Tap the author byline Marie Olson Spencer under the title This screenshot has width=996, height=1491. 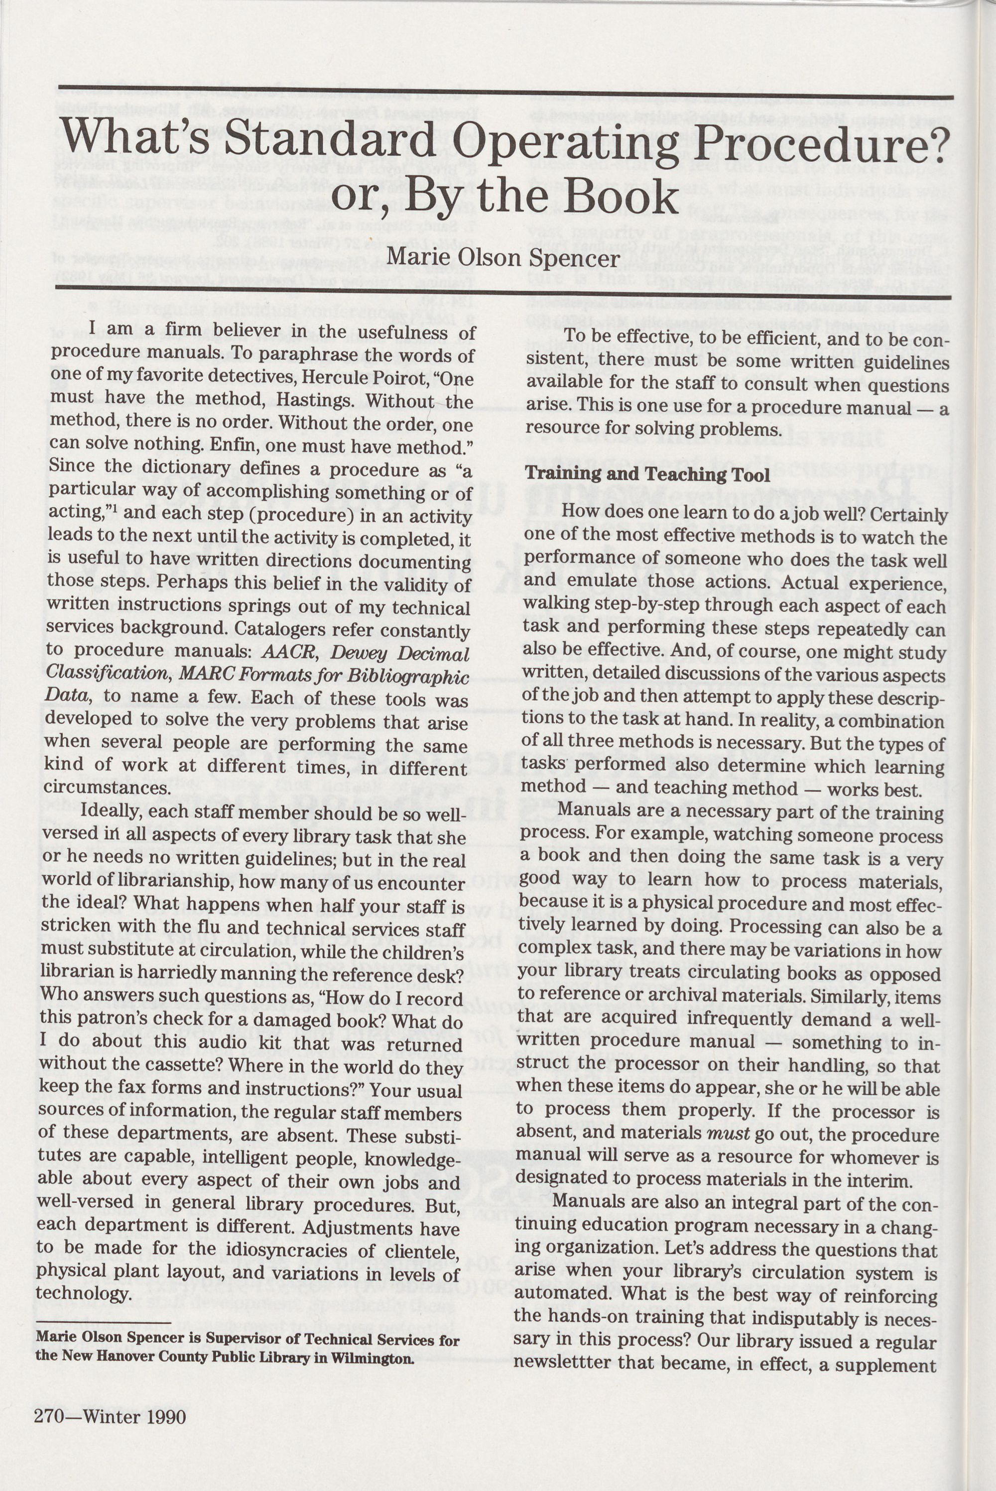(x=503, y=257)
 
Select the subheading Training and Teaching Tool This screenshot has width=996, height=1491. (x=647, y=474)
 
